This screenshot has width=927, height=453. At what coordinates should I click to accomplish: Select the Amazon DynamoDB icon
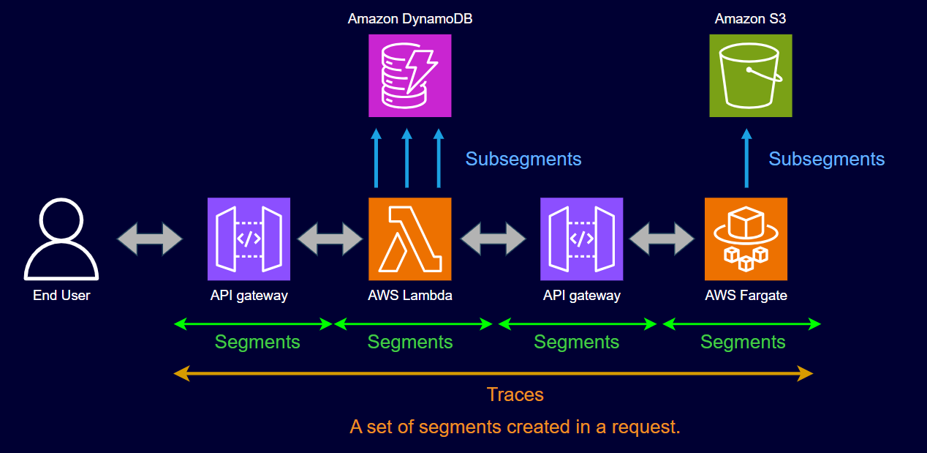(x=410, y=75)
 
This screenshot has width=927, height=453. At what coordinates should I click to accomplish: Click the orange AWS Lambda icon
(x=410, y=239)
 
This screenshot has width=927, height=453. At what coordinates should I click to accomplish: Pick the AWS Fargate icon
(x=746, y=239)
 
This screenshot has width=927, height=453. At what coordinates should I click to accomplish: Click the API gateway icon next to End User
(x=249, y=239)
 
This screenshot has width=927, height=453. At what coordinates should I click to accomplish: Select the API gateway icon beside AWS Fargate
(x=582, y=239)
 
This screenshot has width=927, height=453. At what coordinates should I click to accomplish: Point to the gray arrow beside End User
(x=150, y=239)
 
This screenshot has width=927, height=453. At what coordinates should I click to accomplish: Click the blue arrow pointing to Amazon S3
(x=746, y=159)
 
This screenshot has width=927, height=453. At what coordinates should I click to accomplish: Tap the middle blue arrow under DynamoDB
(x=407, y=159)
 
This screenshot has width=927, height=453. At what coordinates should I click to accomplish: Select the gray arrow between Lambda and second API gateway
(x=493, y=239)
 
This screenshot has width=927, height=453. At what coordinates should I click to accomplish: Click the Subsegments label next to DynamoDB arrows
(x=523, y=159)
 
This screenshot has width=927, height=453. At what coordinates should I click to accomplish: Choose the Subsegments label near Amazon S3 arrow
(x=827, y=159)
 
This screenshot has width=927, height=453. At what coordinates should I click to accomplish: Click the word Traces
(x=515, y=394)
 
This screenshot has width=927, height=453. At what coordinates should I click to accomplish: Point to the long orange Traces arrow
(x=493, y=374)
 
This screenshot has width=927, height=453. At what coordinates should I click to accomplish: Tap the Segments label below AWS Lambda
(x=410, y=342)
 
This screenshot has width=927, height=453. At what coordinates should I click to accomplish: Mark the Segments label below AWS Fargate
(x=743, y=342)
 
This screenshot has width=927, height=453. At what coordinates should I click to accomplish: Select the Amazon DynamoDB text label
(x=410, y=19)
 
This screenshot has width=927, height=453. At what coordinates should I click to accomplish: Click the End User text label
(x=61, y=296)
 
